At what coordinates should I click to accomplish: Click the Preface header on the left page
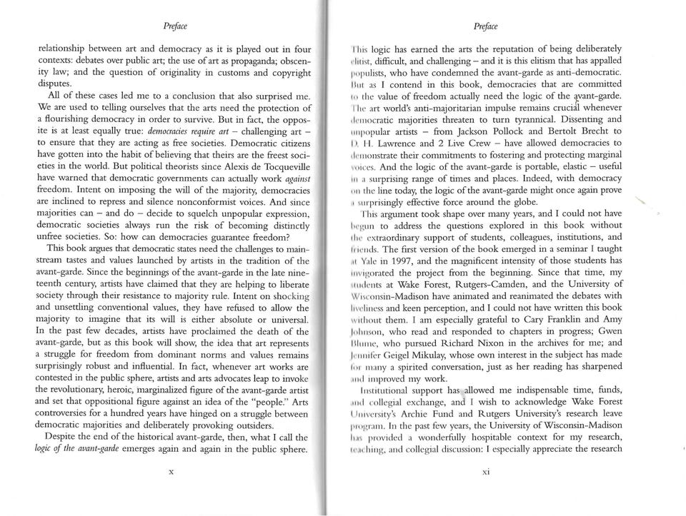[x=174, y=27]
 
